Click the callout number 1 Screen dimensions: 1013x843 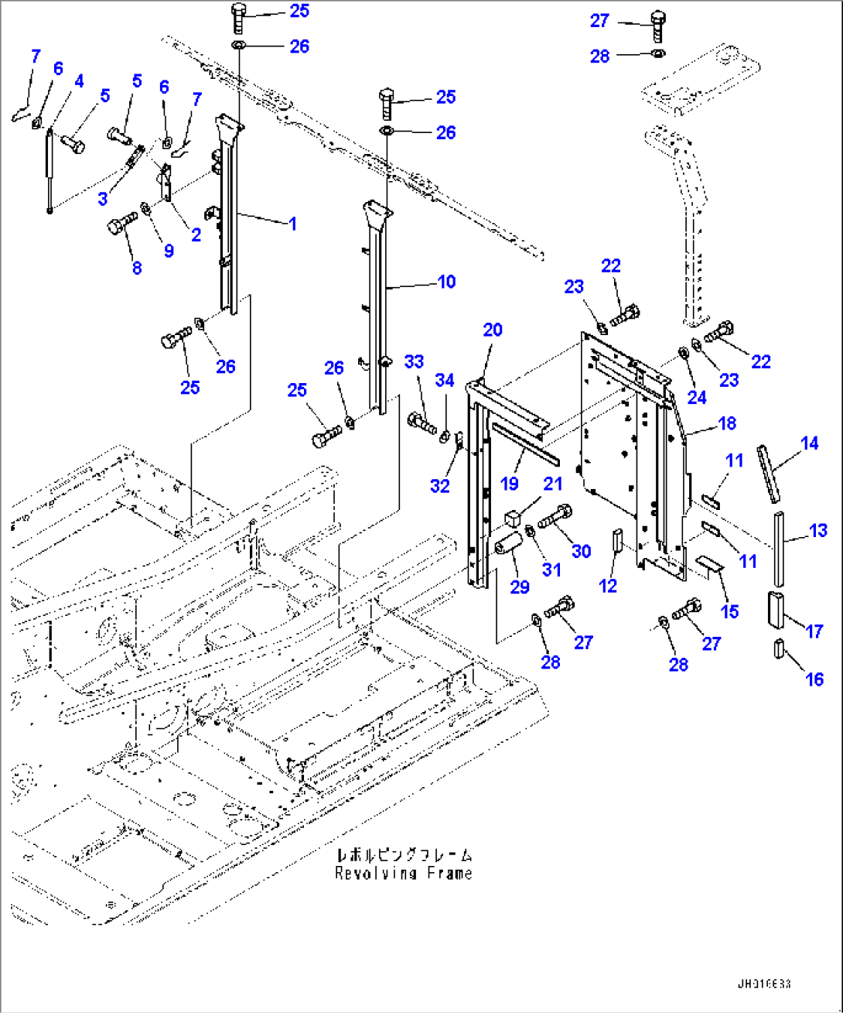(292, 224)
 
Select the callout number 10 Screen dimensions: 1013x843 (447, 282)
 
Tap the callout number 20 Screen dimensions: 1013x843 (493, 330)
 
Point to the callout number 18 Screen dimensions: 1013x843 (727, 423)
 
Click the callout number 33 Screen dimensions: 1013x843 (415, 361)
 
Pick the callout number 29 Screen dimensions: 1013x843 (520, 587)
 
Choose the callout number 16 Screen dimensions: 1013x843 (814, 679)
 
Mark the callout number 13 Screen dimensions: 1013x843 (818, 531)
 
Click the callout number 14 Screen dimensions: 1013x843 (809, 443)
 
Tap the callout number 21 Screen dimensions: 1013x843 (553, 484)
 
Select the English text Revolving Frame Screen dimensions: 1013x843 (403, 873)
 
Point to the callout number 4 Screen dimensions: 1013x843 (79, 81)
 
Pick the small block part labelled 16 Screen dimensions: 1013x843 (779, 648)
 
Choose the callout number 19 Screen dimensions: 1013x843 (509, 484)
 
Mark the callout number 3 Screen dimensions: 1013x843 (103, 199)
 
